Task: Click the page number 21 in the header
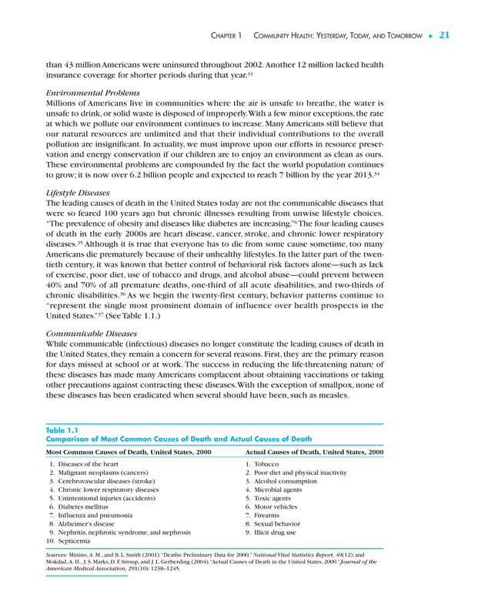(444, 35)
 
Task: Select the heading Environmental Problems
(93, 92)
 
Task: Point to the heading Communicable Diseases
(92, 334)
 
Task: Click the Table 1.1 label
(62, 430)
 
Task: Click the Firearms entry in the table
(268, 516)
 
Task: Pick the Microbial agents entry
(280, 490)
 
